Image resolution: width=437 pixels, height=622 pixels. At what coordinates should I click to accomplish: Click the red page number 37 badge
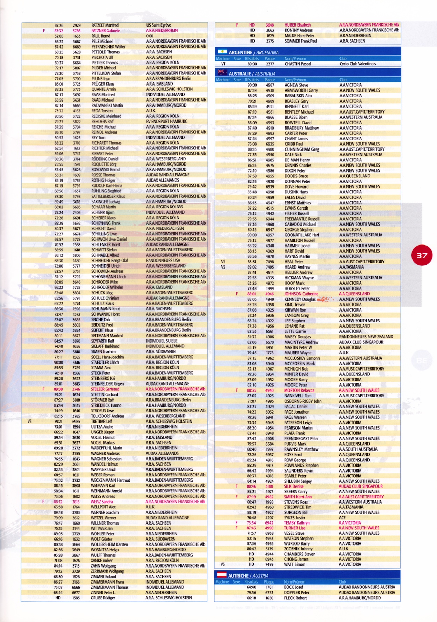[x=422, y=255]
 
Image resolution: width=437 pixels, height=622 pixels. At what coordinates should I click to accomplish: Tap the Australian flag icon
[x=222, y=73]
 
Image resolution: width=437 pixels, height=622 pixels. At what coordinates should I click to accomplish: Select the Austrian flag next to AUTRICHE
[x=222, y=575]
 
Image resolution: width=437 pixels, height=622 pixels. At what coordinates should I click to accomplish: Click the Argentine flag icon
[x=222, y=52]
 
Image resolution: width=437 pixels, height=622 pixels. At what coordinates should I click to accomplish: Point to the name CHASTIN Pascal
[x=298, y=64]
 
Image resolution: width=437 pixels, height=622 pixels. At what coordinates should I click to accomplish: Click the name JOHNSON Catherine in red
[x=301, y=294]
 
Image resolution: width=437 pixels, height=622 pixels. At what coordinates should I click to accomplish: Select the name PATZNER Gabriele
[x=105, y=31]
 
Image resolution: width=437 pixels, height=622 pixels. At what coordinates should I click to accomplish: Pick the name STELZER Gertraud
[x=105, y=389]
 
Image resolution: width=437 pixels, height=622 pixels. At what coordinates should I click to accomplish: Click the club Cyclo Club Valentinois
[x=358, y=64]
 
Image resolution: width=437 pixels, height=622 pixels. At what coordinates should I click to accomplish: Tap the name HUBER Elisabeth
[x=298, y=25]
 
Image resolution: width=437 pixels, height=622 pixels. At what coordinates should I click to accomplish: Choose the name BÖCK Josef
[x=293, y=587]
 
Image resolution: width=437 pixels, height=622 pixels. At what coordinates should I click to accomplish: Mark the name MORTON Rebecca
[x=299, y=390]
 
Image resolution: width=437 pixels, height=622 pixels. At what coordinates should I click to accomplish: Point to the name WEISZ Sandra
[x=102, y=502]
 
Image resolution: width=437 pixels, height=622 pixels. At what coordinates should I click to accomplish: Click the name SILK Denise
[x=294, y=486]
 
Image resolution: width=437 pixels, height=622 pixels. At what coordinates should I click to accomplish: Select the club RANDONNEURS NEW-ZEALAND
[x=366, y=337]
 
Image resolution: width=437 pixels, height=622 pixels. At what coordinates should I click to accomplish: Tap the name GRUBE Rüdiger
[x=103, y=598]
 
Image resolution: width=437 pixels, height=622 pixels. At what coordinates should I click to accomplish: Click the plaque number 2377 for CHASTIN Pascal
[x=270, y=64]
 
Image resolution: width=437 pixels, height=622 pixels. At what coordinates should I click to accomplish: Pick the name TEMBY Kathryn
[x=296, y=523]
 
